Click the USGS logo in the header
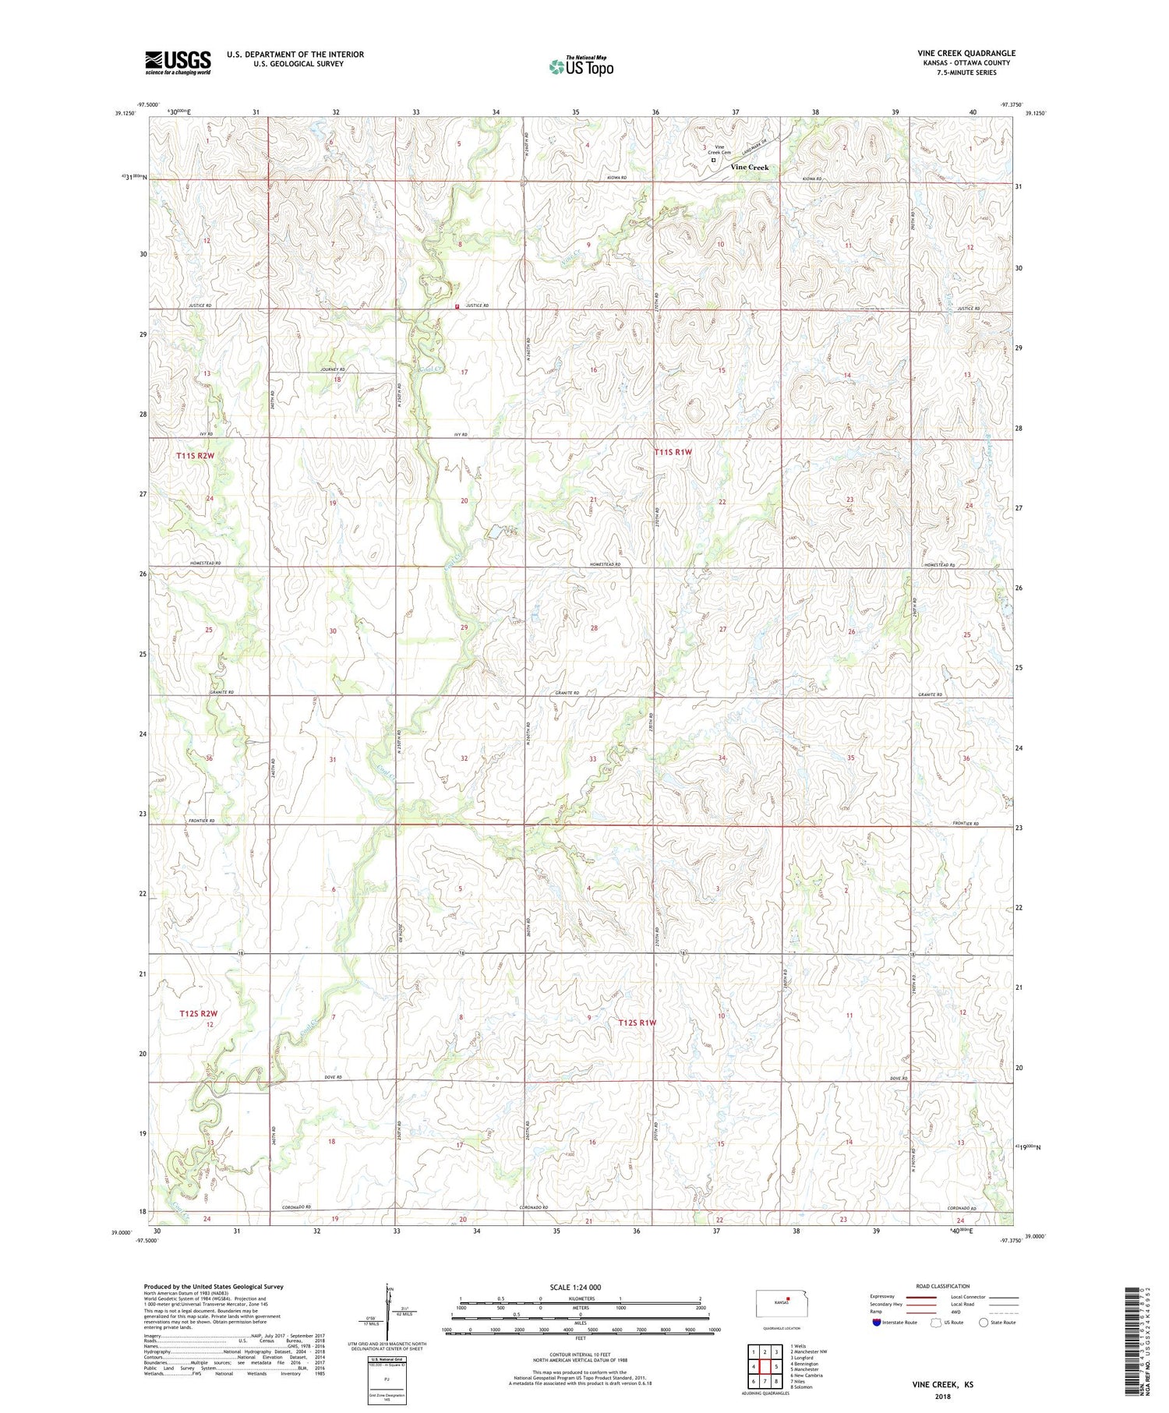(x=178, y=62)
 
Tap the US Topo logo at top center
(x=581, y=67)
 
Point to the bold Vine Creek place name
(x=749, y=167)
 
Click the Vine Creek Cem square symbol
(x=713, y=161)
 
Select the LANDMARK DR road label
(x=754, y=146)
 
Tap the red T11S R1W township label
(x=673, y=451)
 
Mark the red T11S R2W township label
(x=195, y=455)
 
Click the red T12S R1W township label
(x=637, y=1022)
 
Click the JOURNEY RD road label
(x=331, y=369)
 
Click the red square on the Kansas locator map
(x=788, y=1298)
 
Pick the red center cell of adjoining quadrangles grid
(x=765, y=1365)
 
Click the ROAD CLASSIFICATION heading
(x=943, y=1286)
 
